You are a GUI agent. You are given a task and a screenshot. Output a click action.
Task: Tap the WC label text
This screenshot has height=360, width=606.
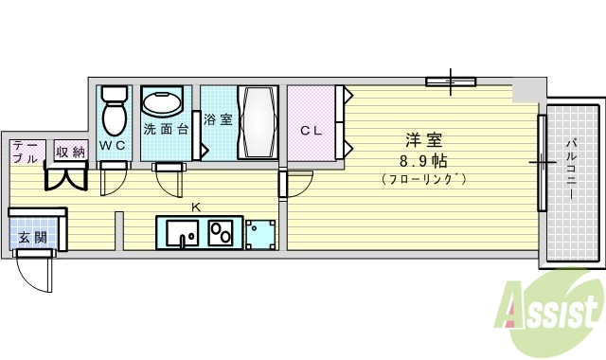tap(113, 146)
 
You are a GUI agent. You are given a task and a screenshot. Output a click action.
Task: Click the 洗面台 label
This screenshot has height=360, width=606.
tap(166, 129)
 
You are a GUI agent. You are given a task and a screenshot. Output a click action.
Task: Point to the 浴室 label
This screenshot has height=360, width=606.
tap(217, 120)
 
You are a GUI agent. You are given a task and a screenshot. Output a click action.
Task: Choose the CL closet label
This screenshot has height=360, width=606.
tap(312, 131)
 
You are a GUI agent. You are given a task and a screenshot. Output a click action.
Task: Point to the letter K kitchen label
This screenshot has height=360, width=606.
tap(196, 207)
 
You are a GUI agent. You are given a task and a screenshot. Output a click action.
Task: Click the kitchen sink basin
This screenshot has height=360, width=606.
tap(179, 233)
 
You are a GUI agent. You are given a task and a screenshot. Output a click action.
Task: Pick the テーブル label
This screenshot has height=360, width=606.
tap(26, 152)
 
